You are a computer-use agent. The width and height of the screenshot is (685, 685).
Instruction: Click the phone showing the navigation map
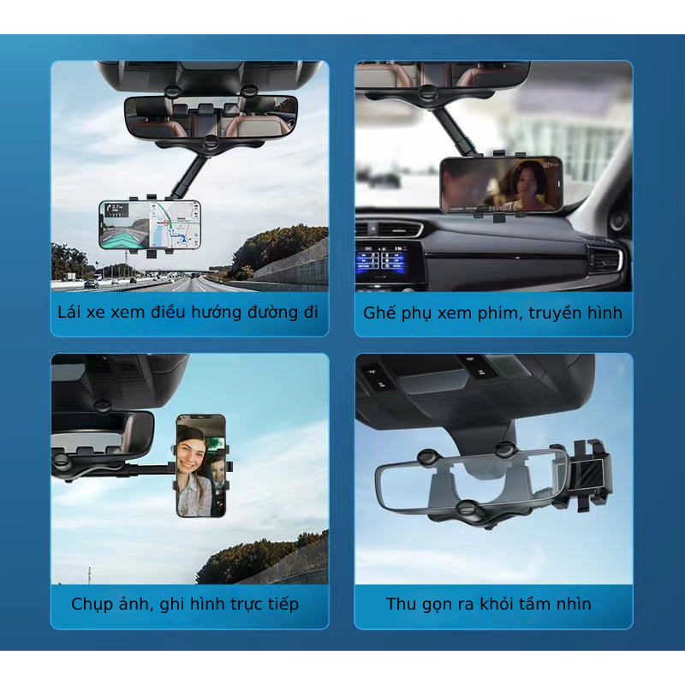tap(150, 225)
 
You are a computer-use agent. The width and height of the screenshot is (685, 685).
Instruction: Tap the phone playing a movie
tap(501, 185)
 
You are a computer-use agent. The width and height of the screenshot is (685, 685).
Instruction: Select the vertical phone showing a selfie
tap(201, 466)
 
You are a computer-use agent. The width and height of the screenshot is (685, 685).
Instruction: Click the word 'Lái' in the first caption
tap(69, 313)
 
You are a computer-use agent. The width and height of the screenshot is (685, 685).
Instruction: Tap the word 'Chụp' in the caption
tap(90, 605)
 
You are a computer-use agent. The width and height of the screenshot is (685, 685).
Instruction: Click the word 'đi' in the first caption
tap(311, 312)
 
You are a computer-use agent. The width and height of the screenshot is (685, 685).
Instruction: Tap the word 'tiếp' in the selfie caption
tap(283, 605)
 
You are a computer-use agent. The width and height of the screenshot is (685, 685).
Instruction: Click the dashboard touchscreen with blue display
tap(382, 260)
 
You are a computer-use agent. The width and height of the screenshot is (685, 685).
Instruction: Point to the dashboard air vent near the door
tap(605, 261)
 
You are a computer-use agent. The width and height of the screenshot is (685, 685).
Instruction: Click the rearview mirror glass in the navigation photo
tap(211, 117)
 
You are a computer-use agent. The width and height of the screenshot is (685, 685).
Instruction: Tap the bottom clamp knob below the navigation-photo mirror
tap(211, 142)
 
